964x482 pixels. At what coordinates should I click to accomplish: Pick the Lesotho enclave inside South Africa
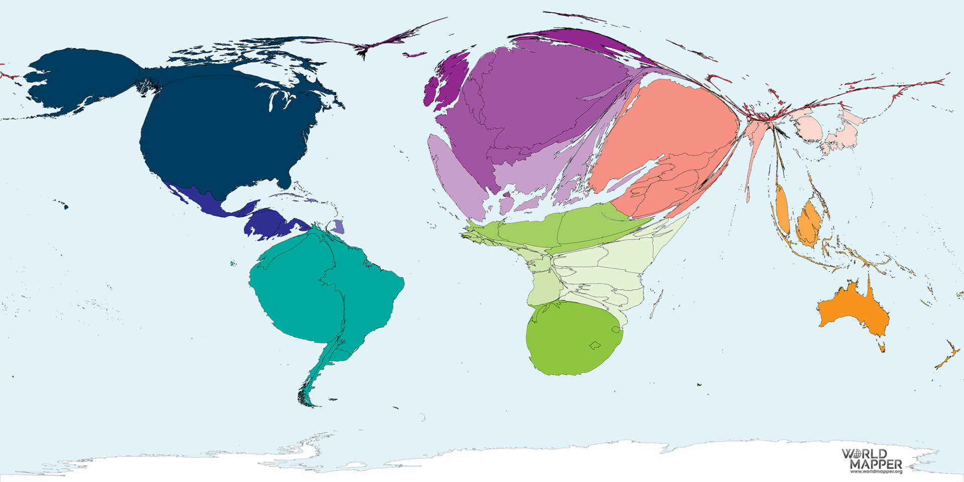tap(595, 345)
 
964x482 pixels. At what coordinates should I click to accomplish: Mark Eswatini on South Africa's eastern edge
tap(616, 330)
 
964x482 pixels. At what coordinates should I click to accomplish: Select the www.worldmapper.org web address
tap(876, 472)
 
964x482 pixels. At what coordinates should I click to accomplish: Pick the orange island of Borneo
tap(808, 223)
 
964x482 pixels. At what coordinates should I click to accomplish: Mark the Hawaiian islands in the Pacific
tap(63, 204)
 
